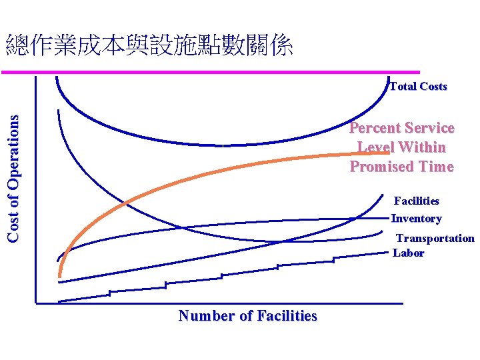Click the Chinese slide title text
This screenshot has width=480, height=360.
tap(149, 46)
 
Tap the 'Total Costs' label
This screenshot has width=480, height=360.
tap(418, 86)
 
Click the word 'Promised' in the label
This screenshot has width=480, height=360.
tap(378, 167)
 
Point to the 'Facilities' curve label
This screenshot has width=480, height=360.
tap(417, 201)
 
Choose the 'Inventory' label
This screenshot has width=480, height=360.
tap(416, 219)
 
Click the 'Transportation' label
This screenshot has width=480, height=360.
tap(435, 238)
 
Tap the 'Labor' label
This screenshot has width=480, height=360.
tap(408, 253)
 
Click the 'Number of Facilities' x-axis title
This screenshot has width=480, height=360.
tap(247, 316)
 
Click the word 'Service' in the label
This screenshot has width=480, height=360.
tap(429, 128)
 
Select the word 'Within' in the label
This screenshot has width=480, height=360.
tap(423, 147)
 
